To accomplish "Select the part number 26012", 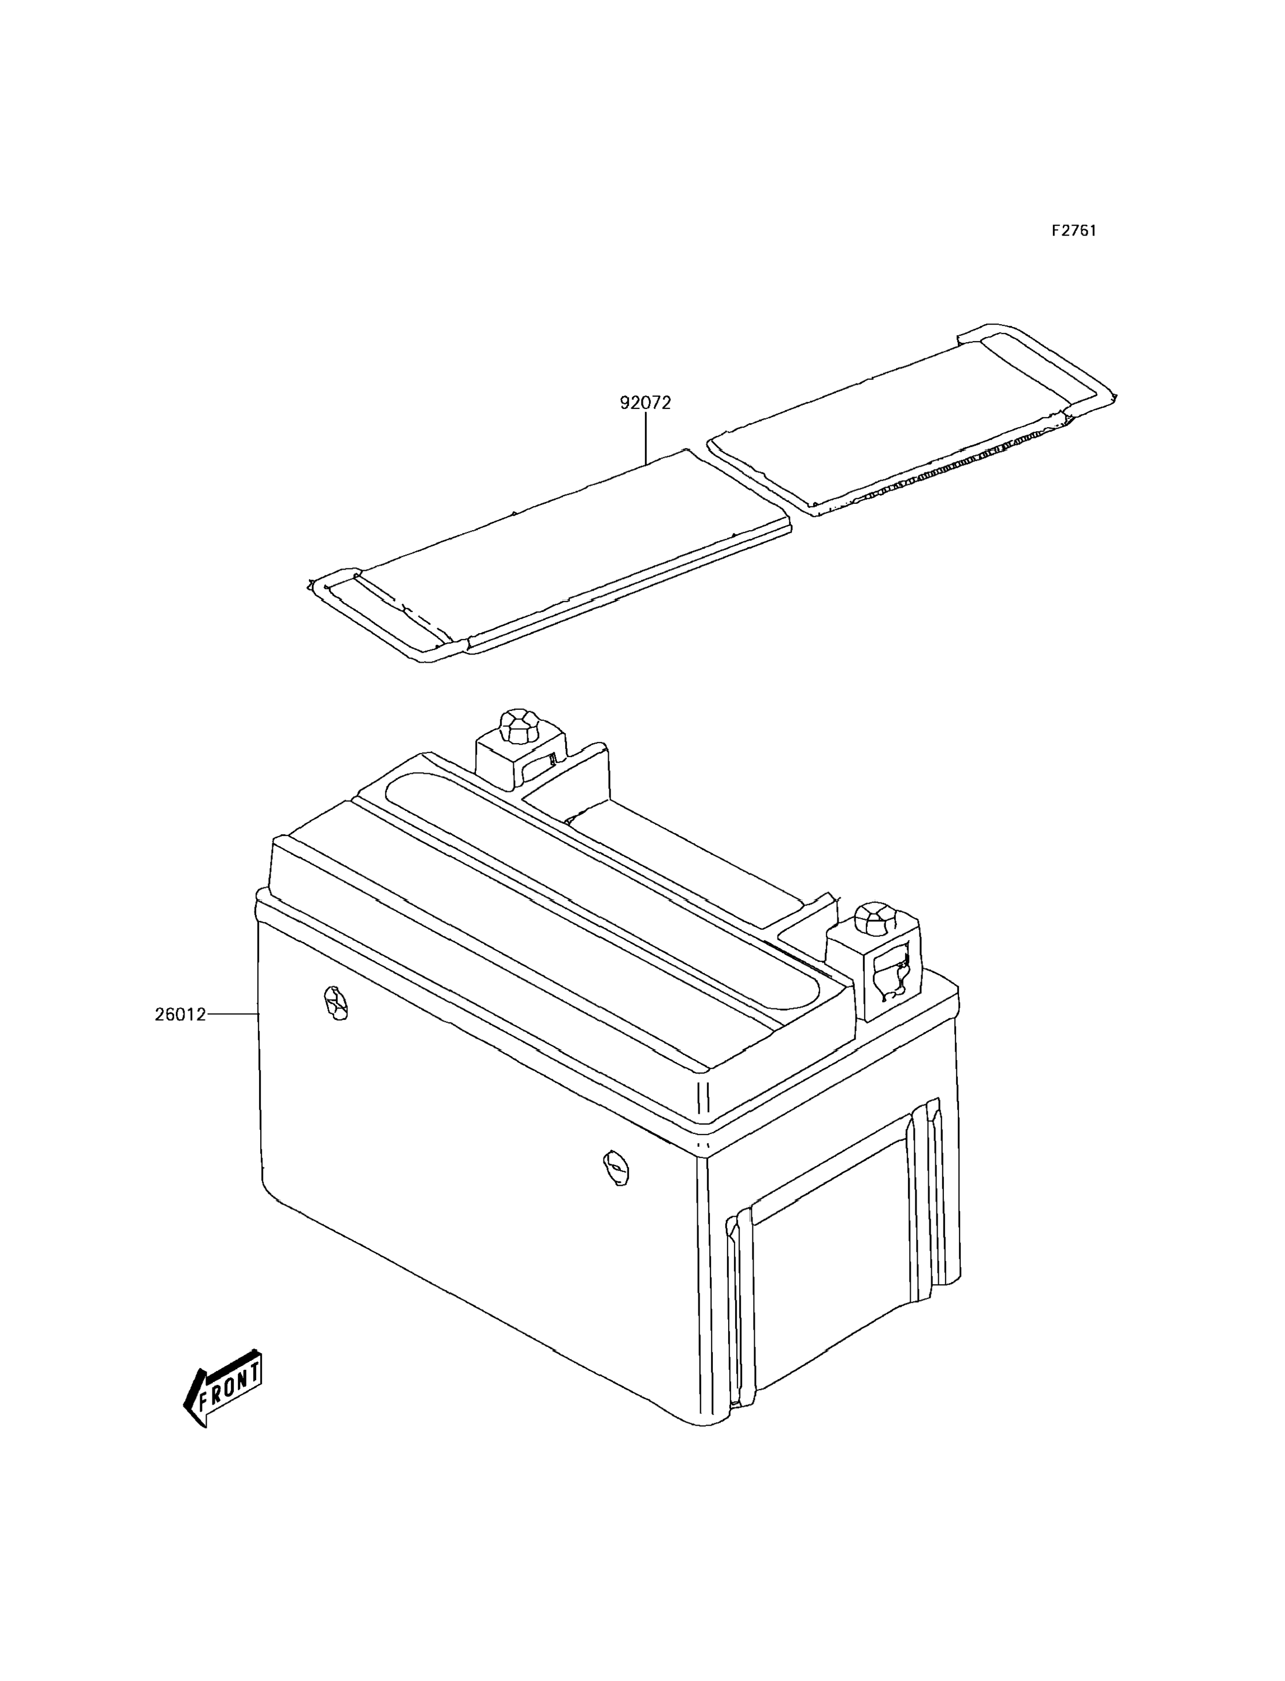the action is (x=180, y=1015).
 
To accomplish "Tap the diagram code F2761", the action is (x=1073, y=231).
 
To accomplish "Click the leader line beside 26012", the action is (x=233, y=1014).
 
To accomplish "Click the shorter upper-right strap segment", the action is (x=910, y=428).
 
